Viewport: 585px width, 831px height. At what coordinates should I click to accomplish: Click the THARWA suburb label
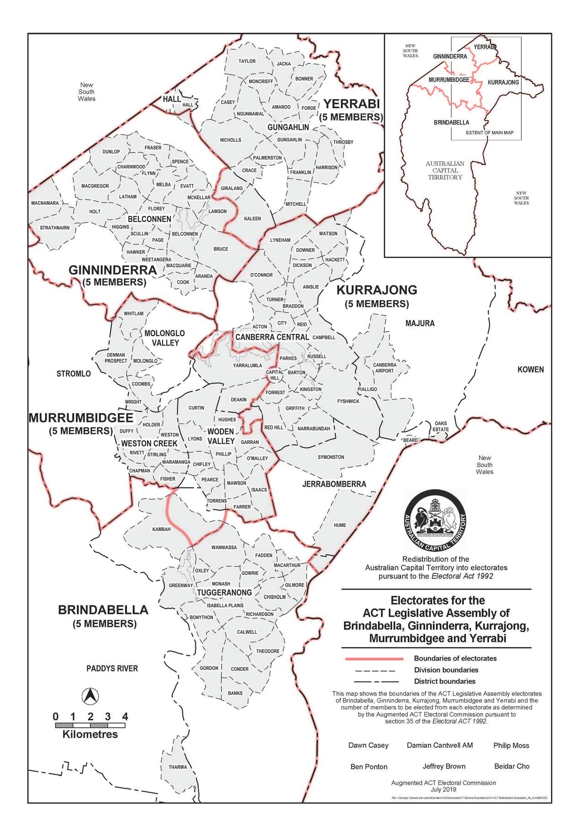[177, 767]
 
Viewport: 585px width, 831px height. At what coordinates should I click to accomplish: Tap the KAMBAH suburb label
[161, 529]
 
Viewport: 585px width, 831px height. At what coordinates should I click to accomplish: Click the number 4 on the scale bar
[125, 717]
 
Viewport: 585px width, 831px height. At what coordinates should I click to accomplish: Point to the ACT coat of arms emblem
[435, 520]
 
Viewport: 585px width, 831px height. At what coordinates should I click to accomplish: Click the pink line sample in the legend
[374, 659]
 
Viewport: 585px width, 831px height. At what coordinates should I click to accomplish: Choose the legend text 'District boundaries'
[445, 681]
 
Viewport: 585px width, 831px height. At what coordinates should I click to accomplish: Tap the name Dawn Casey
[368, 745]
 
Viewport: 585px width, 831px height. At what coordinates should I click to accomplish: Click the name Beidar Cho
[512, 766]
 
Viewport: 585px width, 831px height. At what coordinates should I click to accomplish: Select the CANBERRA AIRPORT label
[384, 368]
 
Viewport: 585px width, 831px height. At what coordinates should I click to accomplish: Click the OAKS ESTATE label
[441, 426]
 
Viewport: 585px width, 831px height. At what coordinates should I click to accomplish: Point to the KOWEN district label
[531, 370]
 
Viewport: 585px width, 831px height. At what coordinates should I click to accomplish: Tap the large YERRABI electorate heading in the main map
[352, 104]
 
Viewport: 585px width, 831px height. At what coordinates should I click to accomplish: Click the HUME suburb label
[340, 525]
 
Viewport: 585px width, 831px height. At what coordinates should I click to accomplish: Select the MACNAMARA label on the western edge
[45, 203]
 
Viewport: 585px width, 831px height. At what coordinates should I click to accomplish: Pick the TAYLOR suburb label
[247, 61]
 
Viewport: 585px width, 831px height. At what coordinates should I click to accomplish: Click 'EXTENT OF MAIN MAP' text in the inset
[489, 133]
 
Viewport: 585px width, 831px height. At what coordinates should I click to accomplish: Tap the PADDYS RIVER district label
[112, 668]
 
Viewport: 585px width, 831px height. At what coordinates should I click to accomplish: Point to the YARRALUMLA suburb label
[247, 365]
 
